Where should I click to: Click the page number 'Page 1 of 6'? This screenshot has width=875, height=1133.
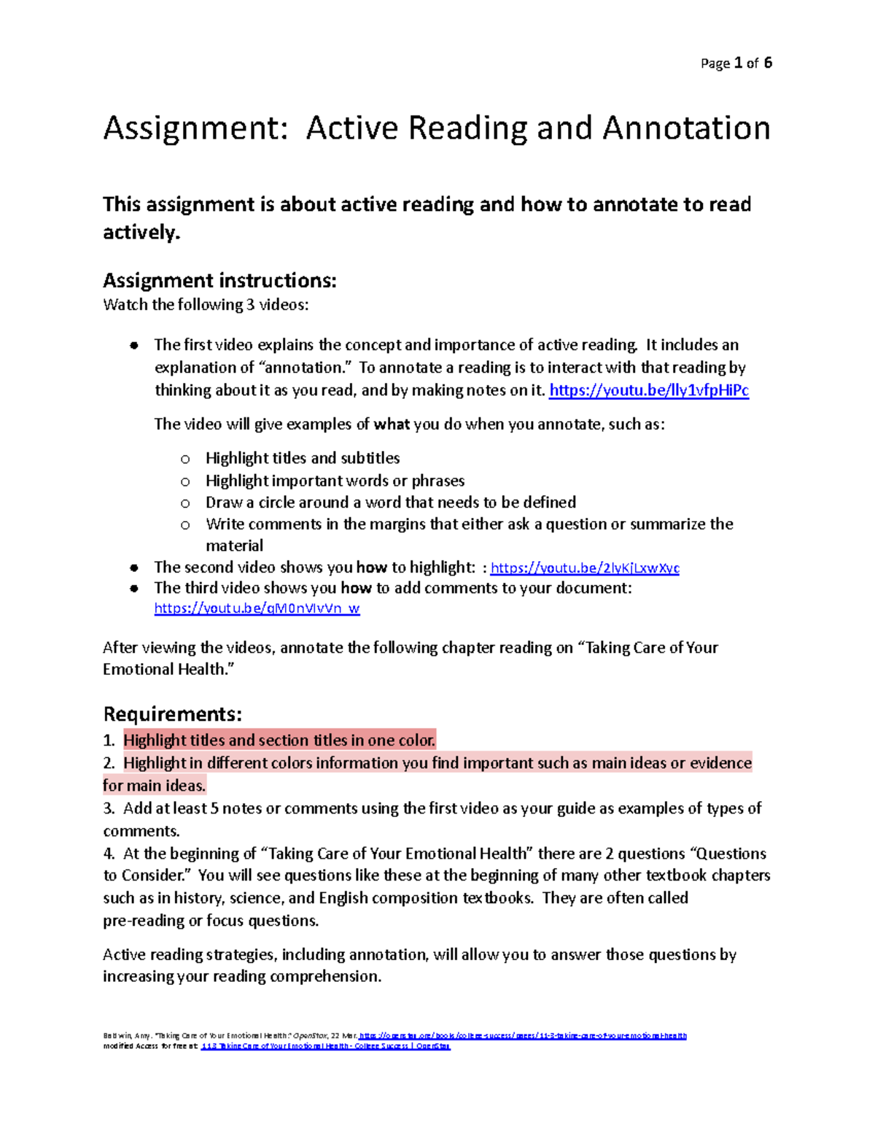tap(736, 63)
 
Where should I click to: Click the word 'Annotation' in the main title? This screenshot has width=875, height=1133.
tap(686, 128)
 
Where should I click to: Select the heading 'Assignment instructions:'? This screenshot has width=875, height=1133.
tap(219, 280)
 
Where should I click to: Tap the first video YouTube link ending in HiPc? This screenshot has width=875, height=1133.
tap(648, 390)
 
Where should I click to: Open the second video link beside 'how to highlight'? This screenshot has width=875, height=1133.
tap(585, 568)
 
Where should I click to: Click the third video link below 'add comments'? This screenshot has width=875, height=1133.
tap(257, 608)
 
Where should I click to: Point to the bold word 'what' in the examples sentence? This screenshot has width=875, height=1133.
tap(392, 425)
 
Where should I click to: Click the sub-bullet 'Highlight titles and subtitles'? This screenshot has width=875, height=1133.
tap(303, 458)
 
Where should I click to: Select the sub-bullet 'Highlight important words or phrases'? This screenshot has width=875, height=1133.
tap(335, 481)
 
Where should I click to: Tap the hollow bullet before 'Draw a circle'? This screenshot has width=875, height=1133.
tap(185, 503)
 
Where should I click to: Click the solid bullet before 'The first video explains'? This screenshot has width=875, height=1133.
tap(134, 346)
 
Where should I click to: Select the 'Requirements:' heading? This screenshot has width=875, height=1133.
tap(172, 714)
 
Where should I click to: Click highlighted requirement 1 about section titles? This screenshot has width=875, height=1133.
tap(279, 740)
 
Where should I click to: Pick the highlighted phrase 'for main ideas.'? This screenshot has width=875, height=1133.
tap(155, 786)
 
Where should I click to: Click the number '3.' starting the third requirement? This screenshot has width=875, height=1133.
tap(109, 808)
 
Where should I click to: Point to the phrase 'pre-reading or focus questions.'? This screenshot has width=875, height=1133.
tap(211, 921)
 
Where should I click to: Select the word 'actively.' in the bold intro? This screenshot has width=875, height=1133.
tap(141, 233)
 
